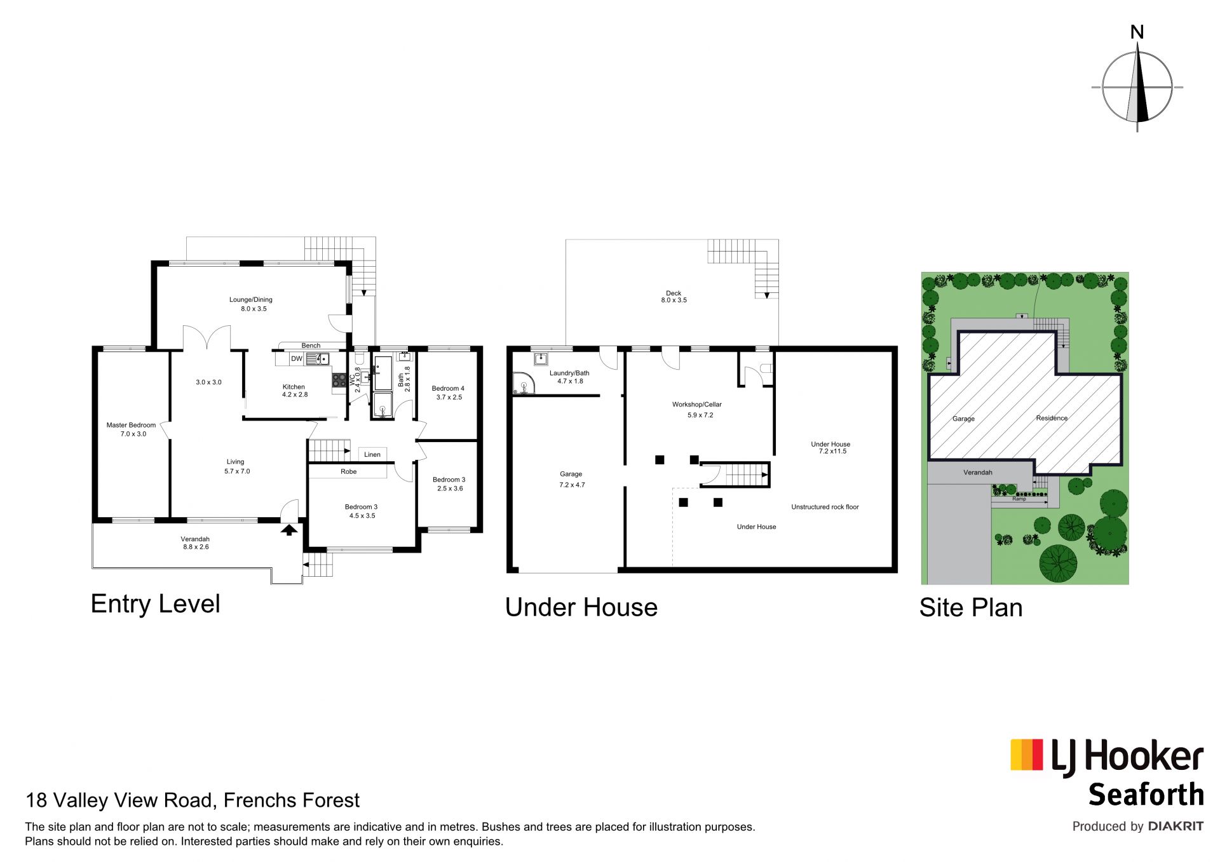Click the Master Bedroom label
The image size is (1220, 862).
click(131, 425)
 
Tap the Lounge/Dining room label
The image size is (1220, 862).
click(251, 300)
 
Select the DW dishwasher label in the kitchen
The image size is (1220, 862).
click(297, 359)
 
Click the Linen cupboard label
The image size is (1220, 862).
click(372, 454)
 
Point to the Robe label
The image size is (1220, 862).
click(349, 471)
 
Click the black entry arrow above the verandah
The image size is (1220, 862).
click(289, 529)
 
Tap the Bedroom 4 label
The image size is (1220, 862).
click(448, 388)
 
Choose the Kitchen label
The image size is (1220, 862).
click(294, 387)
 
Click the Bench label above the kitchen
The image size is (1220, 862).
click(311, 346)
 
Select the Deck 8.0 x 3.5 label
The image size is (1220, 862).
click(674, 297)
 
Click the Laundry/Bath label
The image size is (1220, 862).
click(569, 374)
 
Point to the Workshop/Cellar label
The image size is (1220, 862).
click(697, 405)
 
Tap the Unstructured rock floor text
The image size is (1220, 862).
click(825, 507)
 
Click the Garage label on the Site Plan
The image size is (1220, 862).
click(963, 419)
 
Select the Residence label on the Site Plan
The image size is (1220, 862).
click(1052, 418)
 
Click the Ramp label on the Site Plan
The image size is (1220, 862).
click(1019, 499)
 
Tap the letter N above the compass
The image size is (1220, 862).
click(1137, 32)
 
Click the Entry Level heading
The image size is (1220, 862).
click(156, 603)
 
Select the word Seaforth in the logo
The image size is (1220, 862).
click(1146, 794)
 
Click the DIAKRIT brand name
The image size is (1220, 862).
click(1176, 826)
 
